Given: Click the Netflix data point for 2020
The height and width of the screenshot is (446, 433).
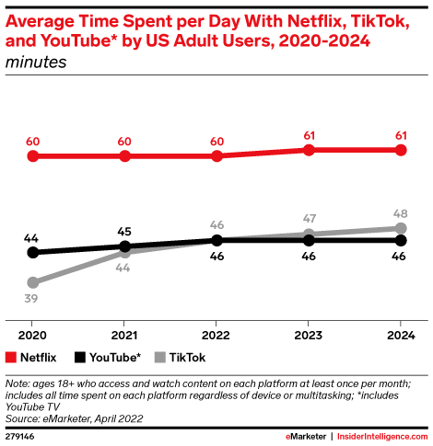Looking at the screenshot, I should [33, 156].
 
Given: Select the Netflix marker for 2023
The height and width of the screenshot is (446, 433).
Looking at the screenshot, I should [309, 150].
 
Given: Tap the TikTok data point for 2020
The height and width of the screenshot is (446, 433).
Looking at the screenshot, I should [33, 282].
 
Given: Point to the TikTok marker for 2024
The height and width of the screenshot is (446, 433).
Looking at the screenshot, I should [401, 228].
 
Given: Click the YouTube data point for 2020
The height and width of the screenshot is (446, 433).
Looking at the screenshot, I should [33, 252].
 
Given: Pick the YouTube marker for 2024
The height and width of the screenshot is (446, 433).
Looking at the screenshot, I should [401, 240].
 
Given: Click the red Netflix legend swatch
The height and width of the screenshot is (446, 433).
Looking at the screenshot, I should [11, 358].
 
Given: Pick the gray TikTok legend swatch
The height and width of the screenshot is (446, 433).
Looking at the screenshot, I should [159, 358].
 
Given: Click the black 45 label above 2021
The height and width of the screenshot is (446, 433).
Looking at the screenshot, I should [124, 231].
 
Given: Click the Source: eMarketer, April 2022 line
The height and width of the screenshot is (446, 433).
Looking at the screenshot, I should [75, 418].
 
